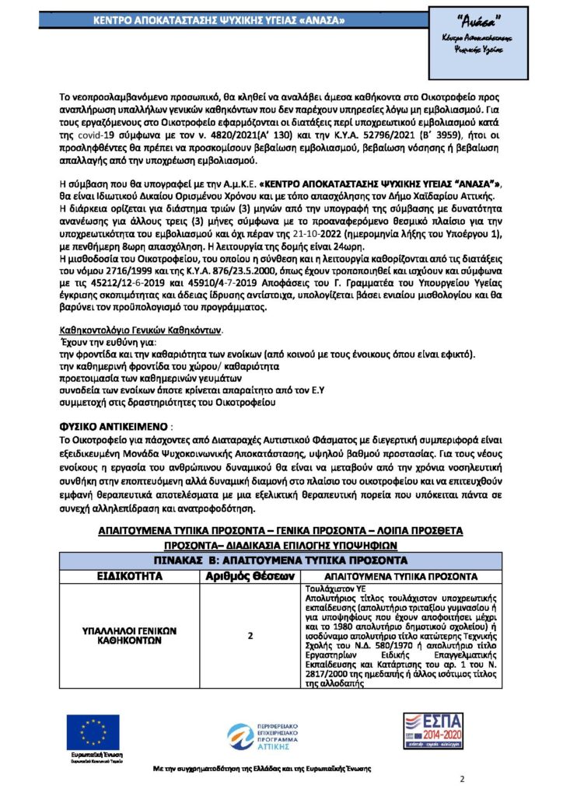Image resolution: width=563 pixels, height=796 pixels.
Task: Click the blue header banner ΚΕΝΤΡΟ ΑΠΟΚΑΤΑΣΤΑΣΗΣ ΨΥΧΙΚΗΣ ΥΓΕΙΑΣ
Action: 225,19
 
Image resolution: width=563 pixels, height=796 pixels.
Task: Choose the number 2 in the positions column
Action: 250,636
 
